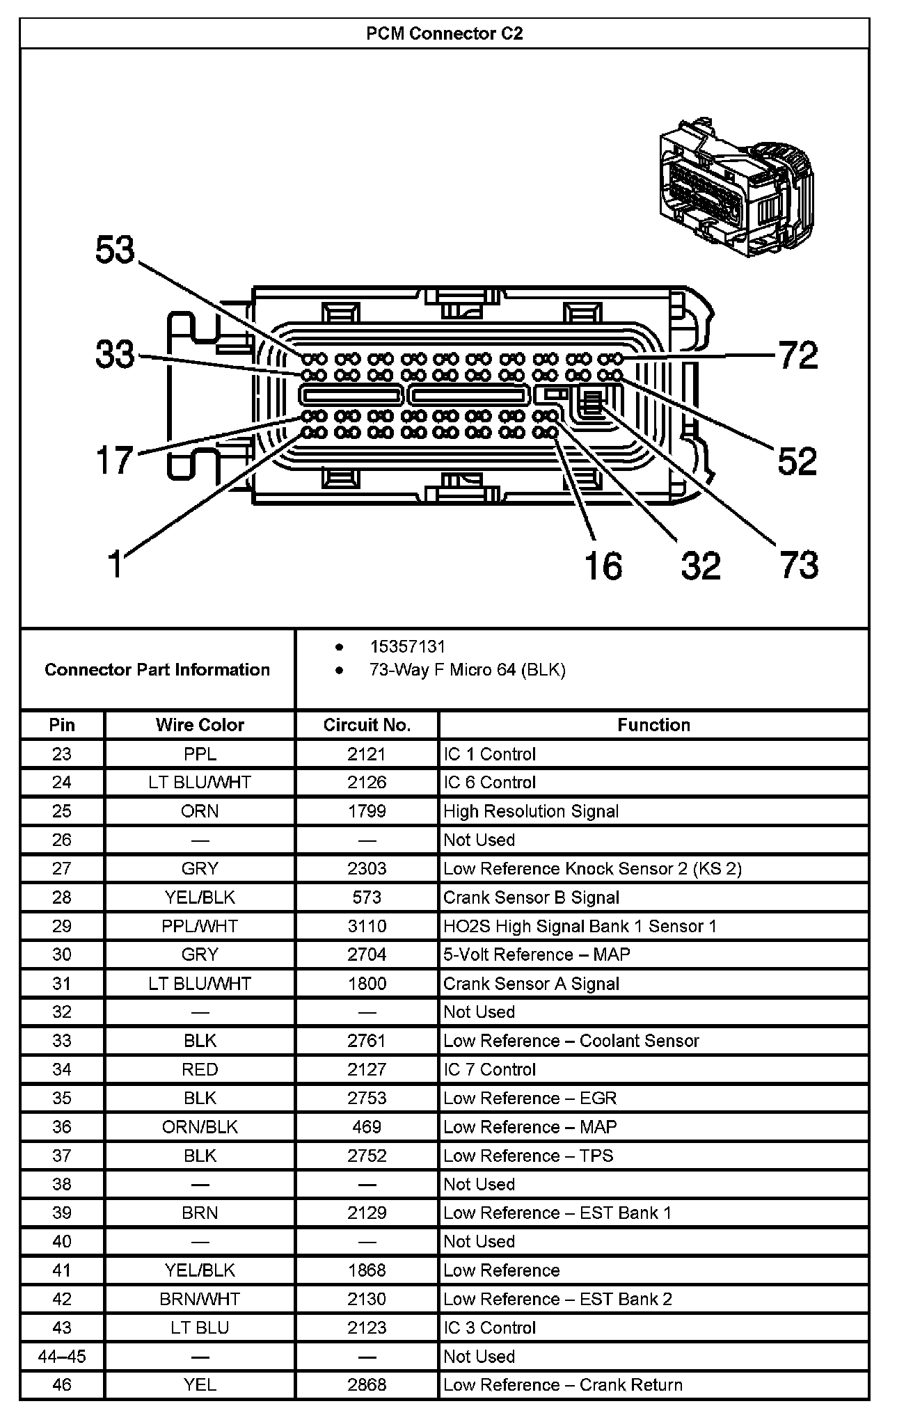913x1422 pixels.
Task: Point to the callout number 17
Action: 115,460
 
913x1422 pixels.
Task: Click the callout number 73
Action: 799,564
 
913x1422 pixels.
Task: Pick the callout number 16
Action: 603,565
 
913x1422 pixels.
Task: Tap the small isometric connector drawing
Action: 734,188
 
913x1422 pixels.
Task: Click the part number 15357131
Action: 407,646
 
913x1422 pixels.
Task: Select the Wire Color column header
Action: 200,725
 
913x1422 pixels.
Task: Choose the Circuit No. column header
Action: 367,725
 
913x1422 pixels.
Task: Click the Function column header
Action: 653,725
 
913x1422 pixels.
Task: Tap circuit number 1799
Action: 367,811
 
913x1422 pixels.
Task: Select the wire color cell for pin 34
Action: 200,1069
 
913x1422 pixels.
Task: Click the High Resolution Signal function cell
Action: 531,811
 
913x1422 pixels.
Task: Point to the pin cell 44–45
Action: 62,1356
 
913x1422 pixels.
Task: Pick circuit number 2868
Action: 367,1384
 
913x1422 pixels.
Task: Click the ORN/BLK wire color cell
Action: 200,1126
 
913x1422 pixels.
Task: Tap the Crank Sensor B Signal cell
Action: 531,897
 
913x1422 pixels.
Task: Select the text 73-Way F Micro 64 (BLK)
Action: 467,670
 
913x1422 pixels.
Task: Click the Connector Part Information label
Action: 157,669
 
